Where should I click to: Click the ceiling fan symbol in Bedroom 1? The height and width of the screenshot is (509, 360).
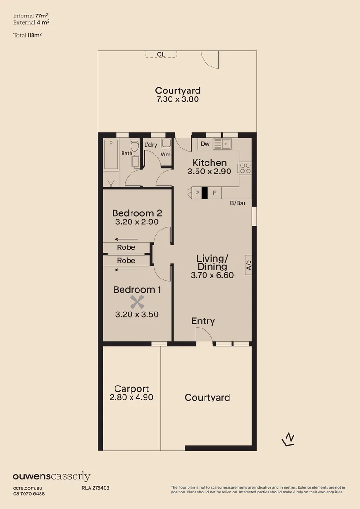pyautogui.click(x=137, y=302)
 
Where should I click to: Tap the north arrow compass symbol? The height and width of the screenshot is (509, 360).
pyautogui.click(x=288, y=440)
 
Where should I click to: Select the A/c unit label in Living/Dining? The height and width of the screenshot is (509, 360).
pyautogui.click(x=248, y=265)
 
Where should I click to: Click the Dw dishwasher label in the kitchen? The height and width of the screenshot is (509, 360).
pyautogui.click(x=205, y=144)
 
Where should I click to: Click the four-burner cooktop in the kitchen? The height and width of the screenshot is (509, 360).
pyautogui.click(x=245, y=168)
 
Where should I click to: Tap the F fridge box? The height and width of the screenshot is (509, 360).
pyautogui.click(x=215, y=193)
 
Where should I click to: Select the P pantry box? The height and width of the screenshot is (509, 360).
pyautogui.click(x=196, y=193)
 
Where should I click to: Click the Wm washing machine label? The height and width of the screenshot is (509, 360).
pyautogui.click(x=165, y=154)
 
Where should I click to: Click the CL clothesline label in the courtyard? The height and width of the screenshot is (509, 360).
pyautogui.click(x=161, y=54)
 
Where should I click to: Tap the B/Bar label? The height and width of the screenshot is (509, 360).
pyautogui.click(x=238, y=204)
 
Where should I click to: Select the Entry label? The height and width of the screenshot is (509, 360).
pyautogui.click(x=203, y=321)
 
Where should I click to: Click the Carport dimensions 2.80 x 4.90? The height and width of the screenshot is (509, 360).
pyautogui.click(x=131, y=397)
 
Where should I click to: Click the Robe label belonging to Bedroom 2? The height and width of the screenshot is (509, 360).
pyautogui.click(x=126, y=247)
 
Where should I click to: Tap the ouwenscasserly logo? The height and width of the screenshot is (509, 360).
pyautogui.click(x=51, y=476)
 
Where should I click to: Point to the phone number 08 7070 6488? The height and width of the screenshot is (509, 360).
pyautogui.click(x=29, y=493)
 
